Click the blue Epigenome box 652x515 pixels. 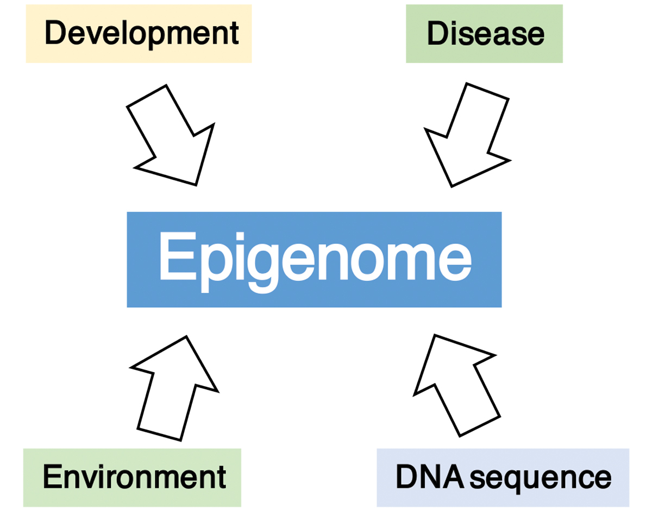(x=314, y=260)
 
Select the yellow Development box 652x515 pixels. (x=139, y=34)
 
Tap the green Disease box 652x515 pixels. (x=484, y=34)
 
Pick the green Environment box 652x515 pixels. (x=132, y=477)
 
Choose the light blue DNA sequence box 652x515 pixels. (x=503, y=477)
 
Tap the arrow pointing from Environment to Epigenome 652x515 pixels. (x=173, y=387)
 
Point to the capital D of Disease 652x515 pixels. (x=438, y=34)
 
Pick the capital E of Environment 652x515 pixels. (x=53, y=477)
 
